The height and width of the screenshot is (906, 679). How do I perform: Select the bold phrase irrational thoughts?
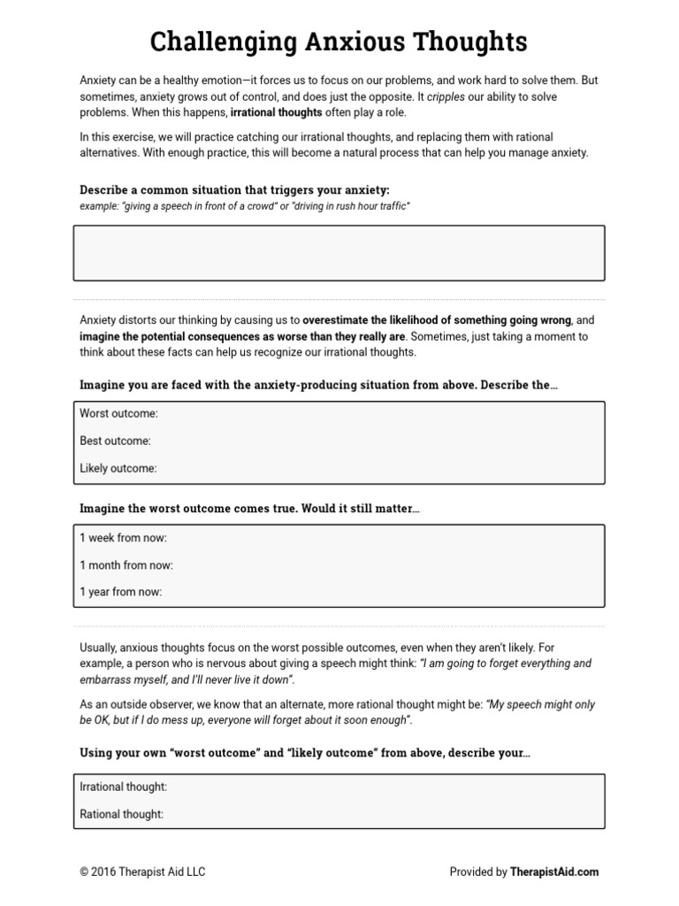pyautogui.click(x=276, y=113)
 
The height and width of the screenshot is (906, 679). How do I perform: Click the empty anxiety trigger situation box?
pyautogui.click(x=339, y=252)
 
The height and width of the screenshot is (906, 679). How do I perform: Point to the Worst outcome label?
pyautogui.click(x=118, y=413)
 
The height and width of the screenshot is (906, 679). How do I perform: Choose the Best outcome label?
pyautogui.click(x=115, y=441)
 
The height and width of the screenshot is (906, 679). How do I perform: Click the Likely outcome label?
pyautogui.click(x=118, y=468)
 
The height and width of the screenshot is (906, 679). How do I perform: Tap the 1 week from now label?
pyautogui.click(x=123, y=537)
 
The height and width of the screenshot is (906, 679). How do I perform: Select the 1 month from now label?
pyautogui.click(x=126, y=564)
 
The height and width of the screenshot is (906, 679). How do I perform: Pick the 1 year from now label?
pyautogui.click(x=120, y=592)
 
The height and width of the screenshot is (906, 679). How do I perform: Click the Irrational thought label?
pyautogui.click(x=123, y=787)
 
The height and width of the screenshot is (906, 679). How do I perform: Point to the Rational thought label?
pyautogui.click(x=121, y=814)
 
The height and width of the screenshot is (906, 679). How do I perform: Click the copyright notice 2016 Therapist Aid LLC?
pyautogui.click(x=142, y=871)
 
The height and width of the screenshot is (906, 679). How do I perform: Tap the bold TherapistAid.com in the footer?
pyautogui.click(x=554, y=871)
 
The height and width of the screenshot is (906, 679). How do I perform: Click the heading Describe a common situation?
pyautogui.click(x=234, y=190)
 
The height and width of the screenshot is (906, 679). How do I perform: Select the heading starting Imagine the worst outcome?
pyautogui.click(x=248, y=509)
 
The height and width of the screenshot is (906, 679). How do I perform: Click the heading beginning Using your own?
pyautogui.click(x=305, y=752)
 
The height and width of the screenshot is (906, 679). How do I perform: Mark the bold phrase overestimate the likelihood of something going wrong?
pyautogui.click(x=437, y=319)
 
